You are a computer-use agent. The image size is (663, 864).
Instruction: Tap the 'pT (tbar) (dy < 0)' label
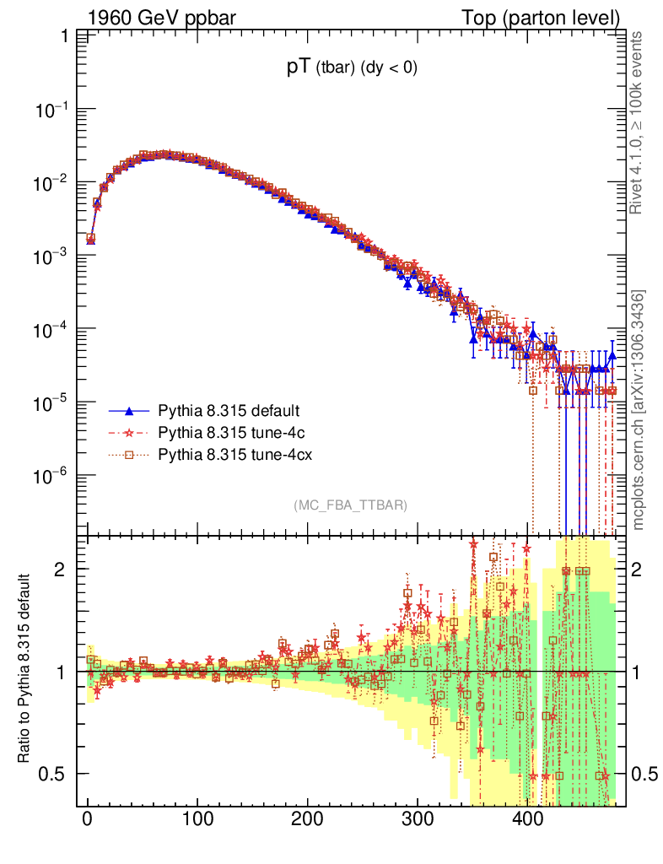(352, 69)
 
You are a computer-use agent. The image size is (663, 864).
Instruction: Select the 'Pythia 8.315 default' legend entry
(229, 412)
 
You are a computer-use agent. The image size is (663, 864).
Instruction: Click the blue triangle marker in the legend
(130, 412)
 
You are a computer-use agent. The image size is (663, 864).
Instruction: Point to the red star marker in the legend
(130, 434)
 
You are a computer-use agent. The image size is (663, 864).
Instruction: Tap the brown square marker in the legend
(130, 456)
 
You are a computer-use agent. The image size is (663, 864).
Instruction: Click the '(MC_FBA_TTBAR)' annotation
(351, 505)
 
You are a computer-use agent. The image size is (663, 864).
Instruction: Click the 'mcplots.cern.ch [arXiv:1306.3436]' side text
(639, 410)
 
